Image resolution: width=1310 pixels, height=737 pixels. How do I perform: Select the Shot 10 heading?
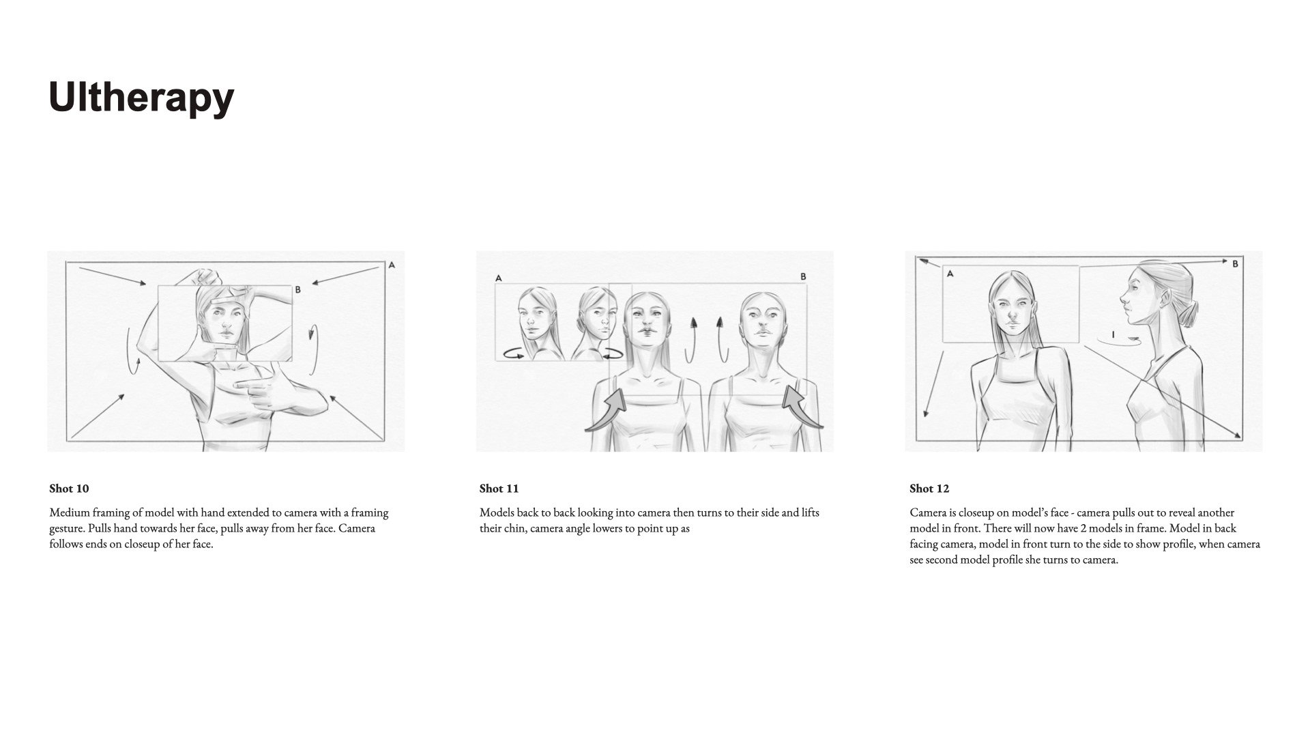(69, 489)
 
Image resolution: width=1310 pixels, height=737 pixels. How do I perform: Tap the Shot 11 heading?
(499, 489)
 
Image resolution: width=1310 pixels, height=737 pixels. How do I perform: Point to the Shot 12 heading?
(929, 489)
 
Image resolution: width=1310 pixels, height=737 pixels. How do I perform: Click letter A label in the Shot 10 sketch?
(392, 265)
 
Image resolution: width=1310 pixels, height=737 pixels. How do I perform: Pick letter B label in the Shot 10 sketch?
(297, 290)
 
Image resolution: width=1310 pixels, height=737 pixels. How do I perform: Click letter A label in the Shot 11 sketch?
(499, 278)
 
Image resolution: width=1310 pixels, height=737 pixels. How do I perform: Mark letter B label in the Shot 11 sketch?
(803, 276)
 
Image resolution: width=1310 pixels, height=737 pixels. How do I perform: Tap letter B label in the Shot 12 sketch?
(1235, 263)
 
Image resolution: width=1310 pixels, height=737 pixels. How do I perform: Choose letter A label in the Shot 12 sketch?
(950, 274)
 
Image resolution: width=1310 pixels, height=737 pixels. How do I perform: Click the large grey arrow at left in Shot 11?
(607, 411)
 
